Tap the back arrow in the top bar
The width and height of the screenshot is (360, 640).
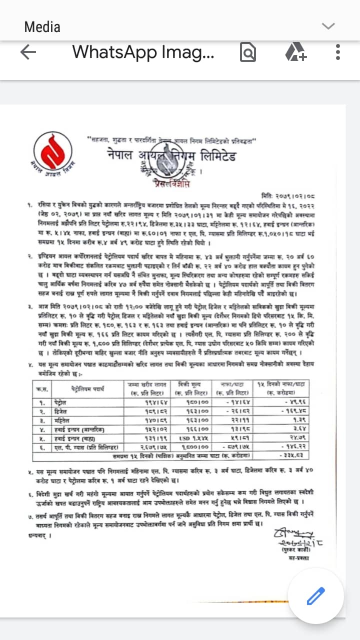28,52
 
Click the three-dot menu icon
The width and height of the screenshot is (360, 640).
338,52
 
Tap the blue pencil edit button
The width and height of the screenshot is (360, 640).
315,596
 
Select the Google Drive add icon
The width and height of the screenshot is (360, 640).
295,52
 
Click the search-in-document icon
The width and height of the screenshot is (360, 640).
248,52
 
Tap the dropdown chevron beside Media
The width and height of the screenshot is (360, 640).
328,26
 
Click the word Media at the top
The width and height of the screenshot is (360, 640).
42,26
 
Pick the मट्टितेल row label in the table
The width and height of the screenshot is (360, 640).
62,420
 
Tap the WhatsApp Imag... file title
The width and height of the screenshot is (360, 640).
143,52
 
